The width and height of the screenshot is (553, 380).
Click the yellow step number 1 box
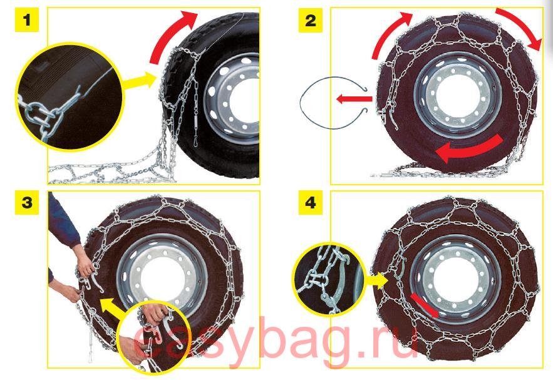(x=27, y=20)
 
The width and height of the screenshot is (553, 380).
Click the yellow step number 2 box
(x=311, y=20)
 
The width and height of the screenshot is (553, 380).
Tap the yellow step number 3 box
(x=27, y=203)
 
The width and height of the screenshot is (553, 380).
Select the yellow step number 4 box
(x=311, y=203)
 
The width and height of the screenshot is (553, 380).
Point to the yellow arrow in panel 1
(x=139, y=81)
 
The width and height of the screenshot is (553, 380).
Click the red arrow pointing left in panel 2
(x=354, y=99)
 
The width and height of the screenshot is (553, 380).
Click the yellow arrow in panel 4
(x=376, y=280)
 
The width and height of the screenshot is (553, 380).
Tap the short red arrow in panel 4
(x=424, y=306)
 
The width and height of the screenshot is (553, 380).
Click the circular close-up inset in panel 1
(x=70, y=96)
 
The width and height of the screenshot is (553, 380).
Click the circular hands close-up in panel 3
(x=153, y=337)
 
